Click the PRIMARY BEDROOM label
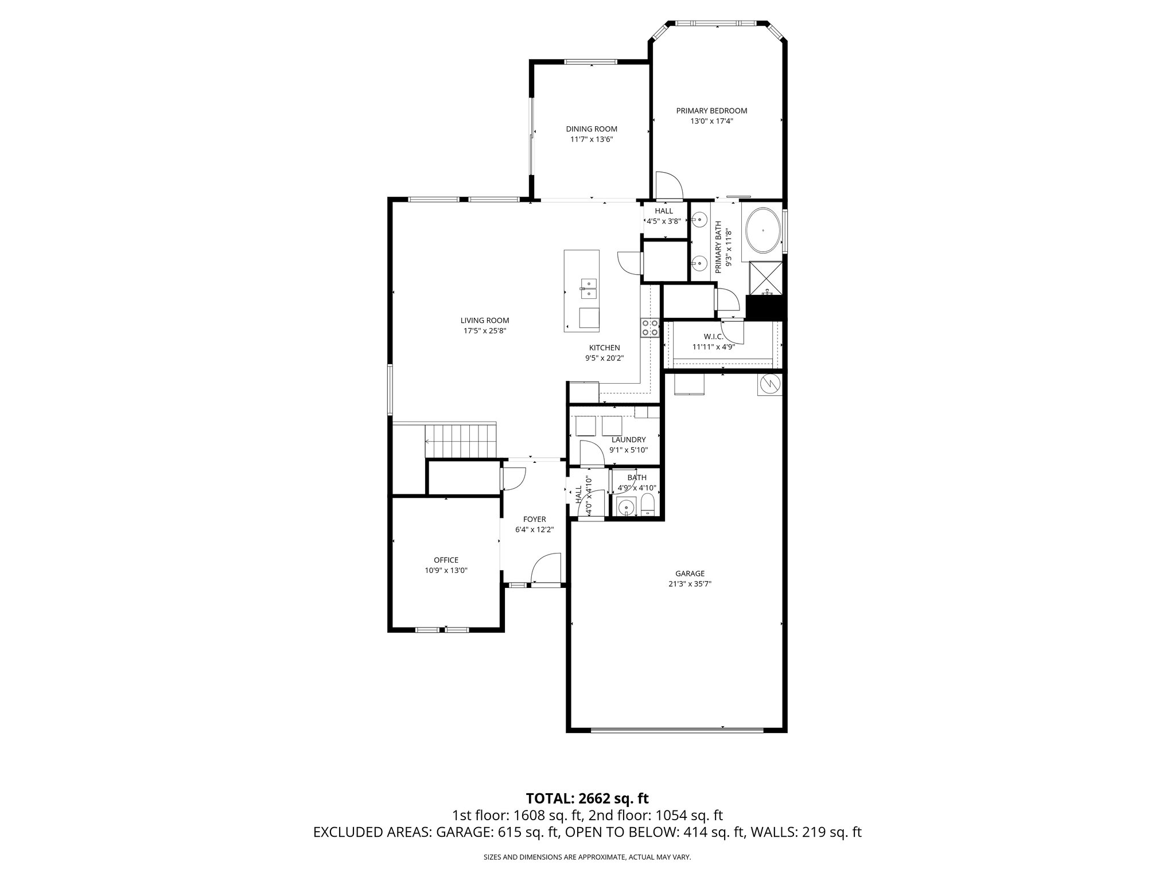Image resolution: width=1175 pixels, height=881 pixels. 711,111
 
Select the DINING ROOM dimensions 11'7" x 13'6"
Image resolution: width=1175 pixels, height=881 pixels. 592,139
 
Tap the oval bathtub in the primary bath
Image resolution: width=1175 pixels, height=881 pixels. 762,231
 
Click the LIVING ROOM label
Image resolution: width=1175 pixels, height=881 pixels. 485,321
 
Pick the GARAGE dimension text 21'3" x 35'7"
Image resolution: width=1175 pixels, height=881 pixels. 690,584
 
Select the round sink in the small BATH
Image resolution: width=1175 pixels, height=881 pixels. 625,507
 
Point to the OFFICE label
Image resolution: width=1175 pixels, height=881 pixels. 446,560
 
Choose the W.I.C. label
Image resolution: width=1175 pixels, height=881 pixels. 713,337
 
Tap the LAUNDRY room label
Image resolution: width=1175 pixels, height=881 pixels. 628,439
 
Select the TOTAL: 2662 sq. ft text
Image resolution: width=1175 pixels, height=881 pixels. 587,798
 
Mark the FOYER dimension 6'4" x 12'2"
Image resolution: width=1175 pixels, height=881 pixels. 534,529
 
